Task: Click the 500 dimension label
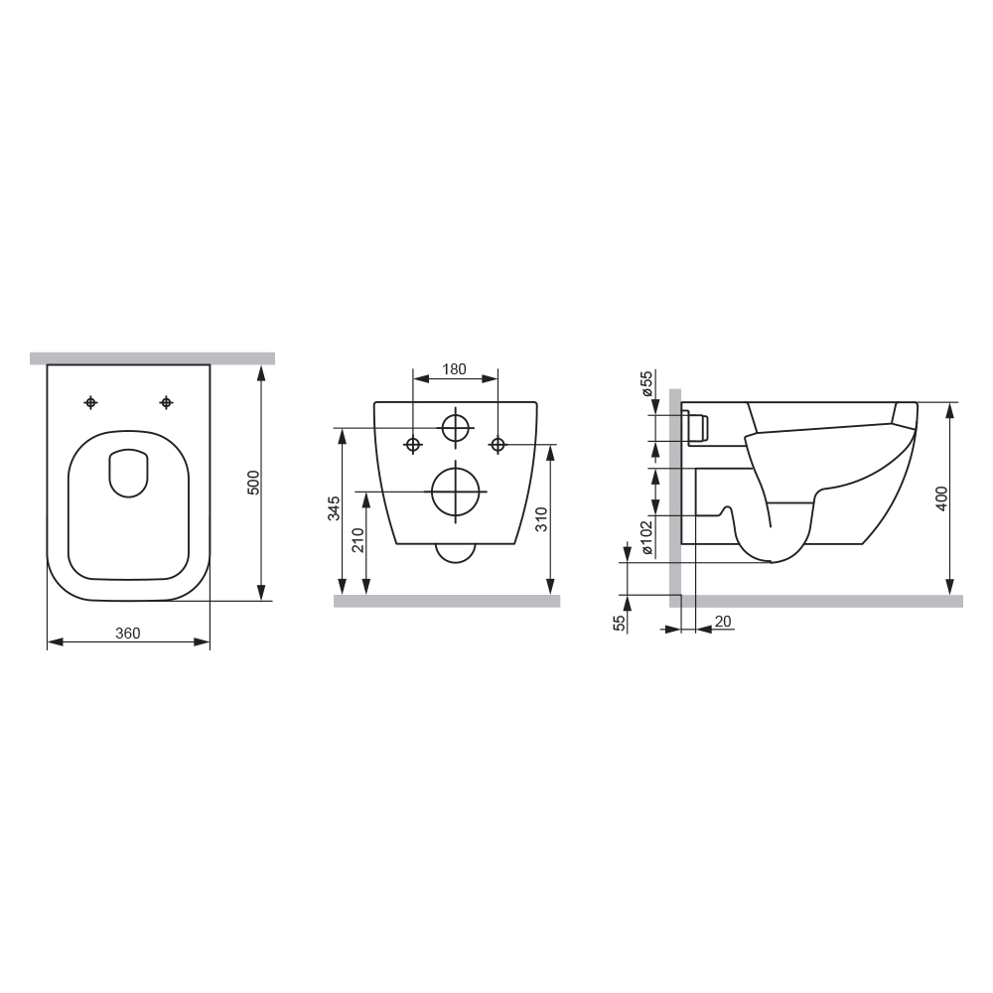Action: (253, 483)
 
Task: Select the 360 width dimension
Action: (128, 633)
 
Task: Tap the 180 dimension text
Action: (454, 368)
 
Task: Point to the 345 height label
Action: (334, 507)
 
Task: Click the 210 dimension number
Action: (357, 539)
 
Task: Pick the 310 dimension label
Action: (541, 519)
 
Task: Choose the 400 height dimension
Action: (941, 498)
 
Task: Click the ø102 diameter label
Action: (646, 537)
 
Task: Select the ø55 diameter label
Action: (646, 383)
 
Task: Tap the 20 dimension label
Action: (723, 622)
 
